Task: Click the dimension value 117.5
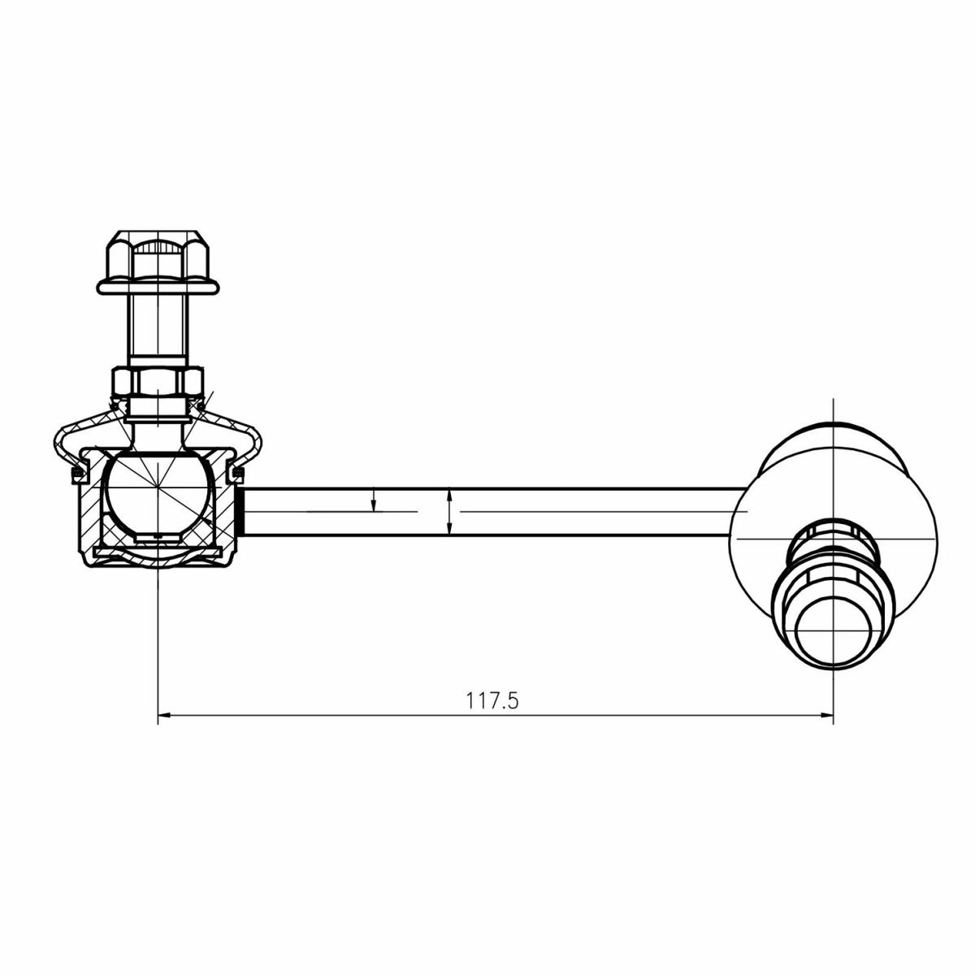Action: tap(492, 700)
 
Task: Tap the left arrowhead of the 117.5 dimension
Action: tap(164, 715)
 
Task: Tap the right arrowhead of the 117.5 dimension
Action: tap(826, 715)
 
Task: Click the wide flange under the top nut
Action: tap(158, 287)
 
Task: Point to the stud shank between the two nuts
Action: tap(158, 330)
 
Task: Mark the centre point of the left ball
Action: tap(158, 487)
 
